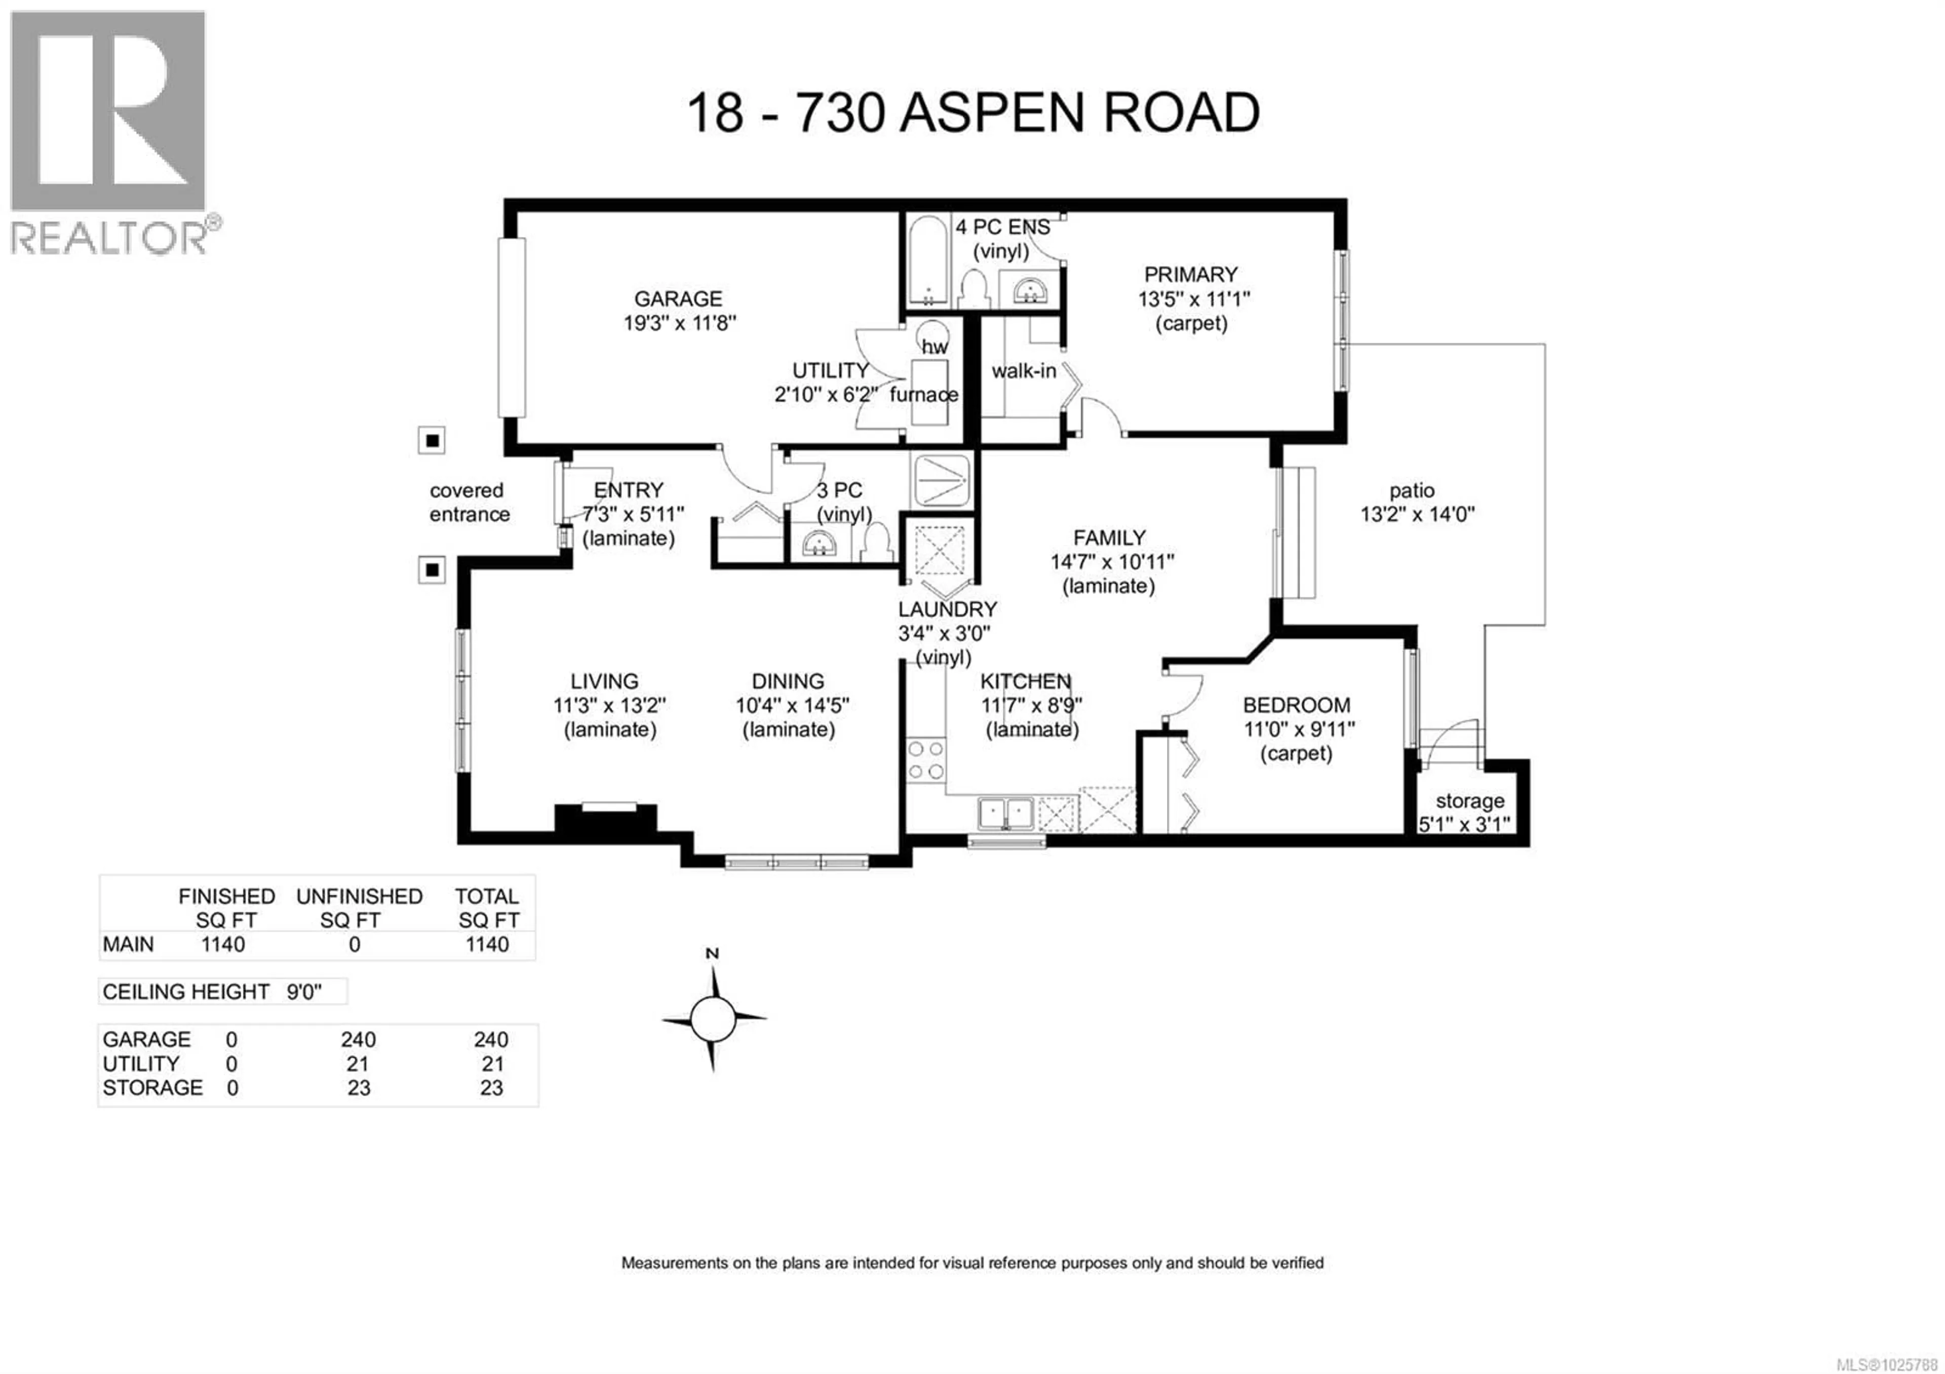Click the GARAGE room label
pos(678,299)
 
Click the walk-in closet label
pos(1023,371)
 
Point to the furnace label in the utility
pos(923,395)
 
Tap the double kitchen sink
pos(1005,813)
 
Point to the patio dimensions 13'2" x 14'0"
pos(1417,514)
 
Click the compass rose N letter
pos(712,954)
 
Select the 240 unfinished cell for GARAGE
pos(358,1040)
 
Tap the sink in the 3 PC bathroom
pos(819,544)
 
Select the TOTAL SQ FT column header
pos(487,908)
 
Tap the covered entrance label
pos(469,503)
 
